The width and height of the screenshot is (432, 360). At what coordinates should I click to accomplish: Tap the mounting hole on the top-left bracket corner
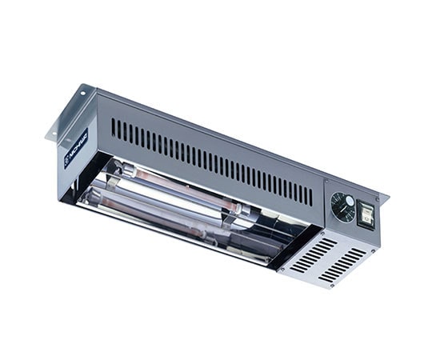(x=81, y=94)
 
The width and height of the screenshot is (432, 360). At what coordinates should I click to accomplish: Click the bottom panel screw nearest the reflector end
(x=281, y=267)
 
